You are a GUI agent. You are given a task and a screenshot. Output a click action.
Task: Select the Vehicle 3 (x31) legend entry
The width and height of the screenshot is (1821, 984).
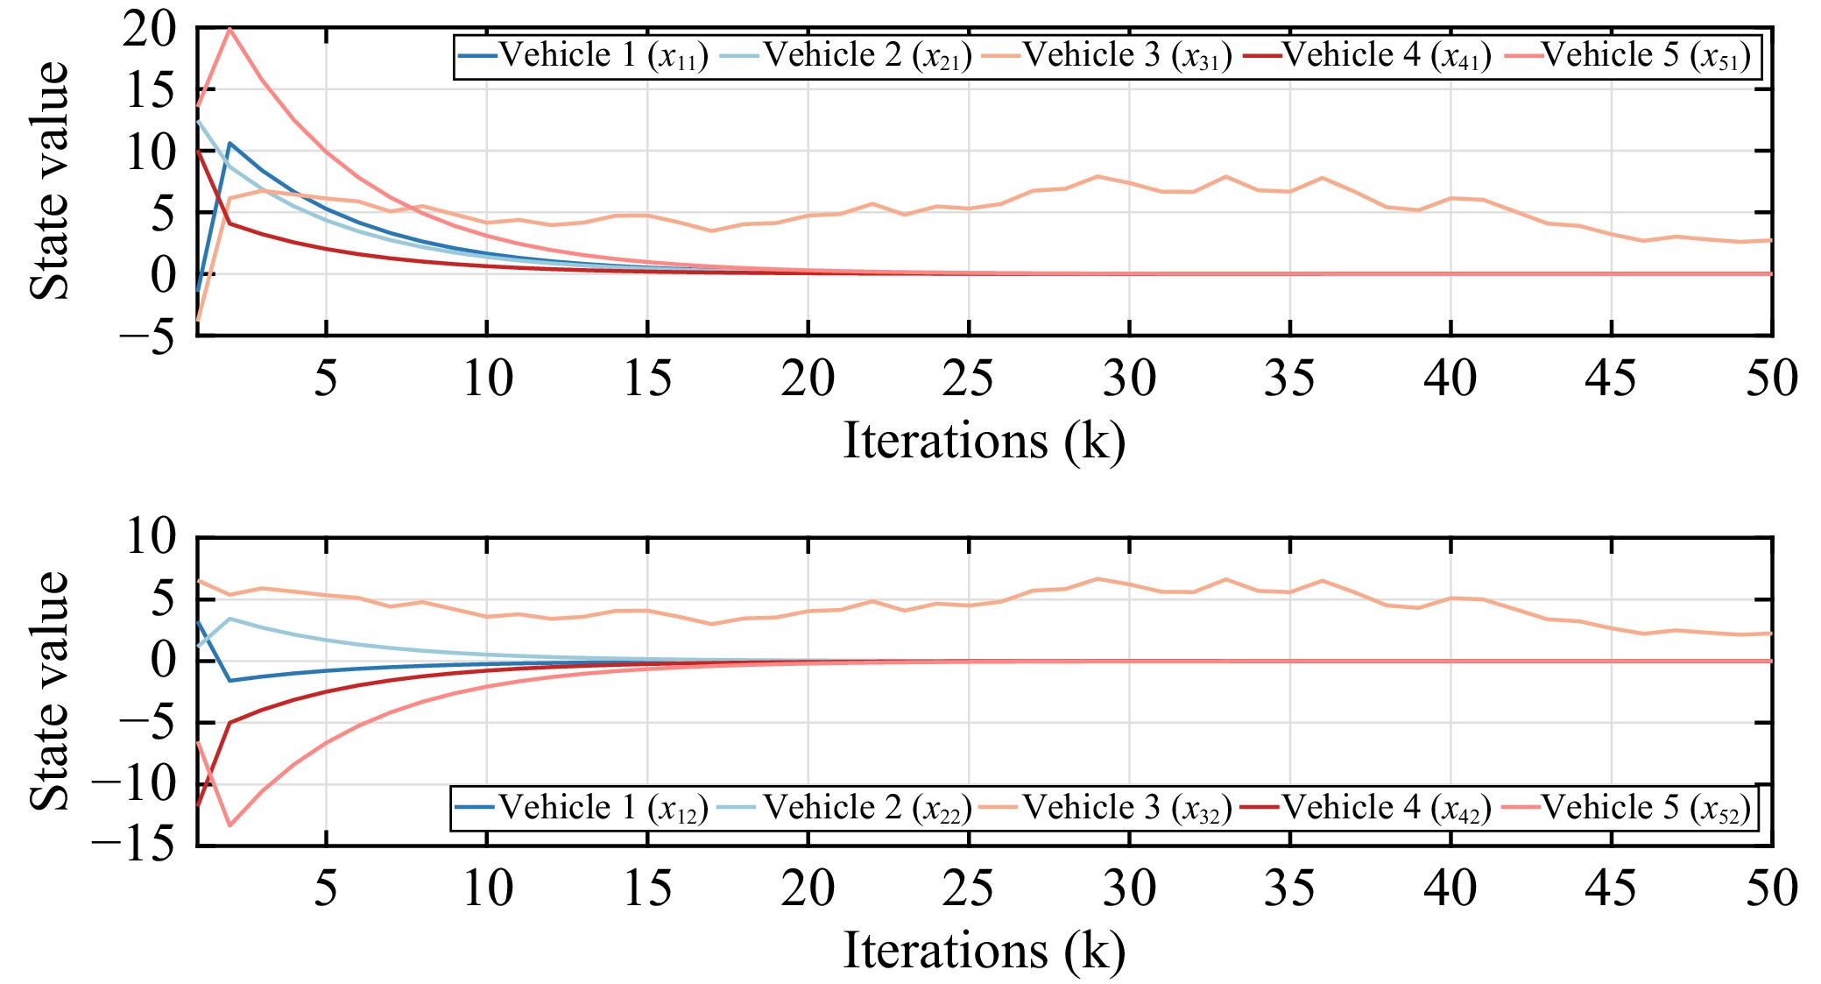pyautogui.click(x=1107, y=56)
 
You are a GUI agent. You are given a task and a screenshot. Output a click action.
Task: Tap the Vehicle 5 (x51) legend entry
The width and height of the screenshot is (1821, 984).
pyautogui.click(x=1627, y=56)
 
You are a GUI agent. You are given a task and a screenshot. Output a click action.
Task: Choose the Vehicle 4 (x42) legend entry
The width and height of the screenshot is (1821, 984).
pyautogui.click(x=1366, y=808)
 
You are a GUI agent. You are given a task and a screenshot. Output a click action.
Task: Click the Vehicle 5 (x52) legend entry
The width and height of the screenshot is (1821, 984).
pyautogui.click(x=1626, y=808)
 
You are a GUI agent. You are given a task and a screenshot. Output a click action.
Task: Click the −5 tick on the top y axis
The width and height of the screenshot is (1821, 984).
pyautogui.click(x=147, y=337)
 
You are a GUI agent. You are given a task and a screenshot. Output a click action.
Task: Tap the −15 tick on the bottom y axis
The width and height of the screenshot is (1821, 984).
pyautogui.click(x=133, y=846)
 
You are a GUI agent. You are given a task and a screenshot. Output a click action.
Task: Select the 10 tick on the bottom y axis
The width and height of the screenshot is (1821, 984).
pyautogui.click(x=151, y=537)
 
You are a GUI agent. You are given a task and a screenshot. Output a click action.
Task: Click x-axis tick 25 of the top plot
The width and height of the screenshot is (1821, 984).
pyautogui.click(x=969, y=379)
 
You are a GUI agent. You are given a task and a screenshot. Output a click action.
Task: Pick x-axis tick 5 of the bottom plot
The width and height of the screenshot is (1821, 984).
pyautogui.click(x=326, y=888)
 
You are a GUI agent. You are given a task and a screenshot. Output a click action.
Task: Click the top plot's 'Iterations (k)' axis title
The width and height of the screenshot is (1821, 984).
pyautogui.click(x=984, y=441)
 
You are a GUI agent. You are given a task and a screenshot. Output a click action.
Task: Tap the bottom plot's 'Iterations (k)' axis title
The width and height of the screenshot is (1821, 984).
pyautogui.click(x=984, y=951)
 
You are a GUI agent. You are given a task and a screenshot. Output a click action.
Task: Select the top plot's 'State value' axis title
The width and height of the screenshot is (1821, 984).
pyautogui.click(x=49, y=181)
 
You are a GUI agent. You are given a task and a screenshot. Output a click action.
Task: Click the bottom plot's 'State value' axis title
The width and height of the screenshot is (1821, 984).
pyautogui.click(x=49, y=691)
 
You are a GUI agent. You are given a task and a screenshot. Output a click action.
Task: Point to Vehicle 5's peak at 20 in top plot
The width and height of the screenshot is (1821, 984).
pyautogui.click(x=229, y=29)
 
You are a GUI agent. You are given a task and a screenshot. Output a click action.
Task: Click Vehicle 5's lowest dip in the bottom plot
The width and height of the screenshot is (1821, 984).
pyautogui.click(x=229, y=825)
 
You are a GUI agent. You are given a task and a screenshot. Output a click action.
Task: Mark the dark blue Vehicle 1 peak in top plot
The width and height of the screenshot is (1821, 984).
pyautogui.click(x=229, y=143)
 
